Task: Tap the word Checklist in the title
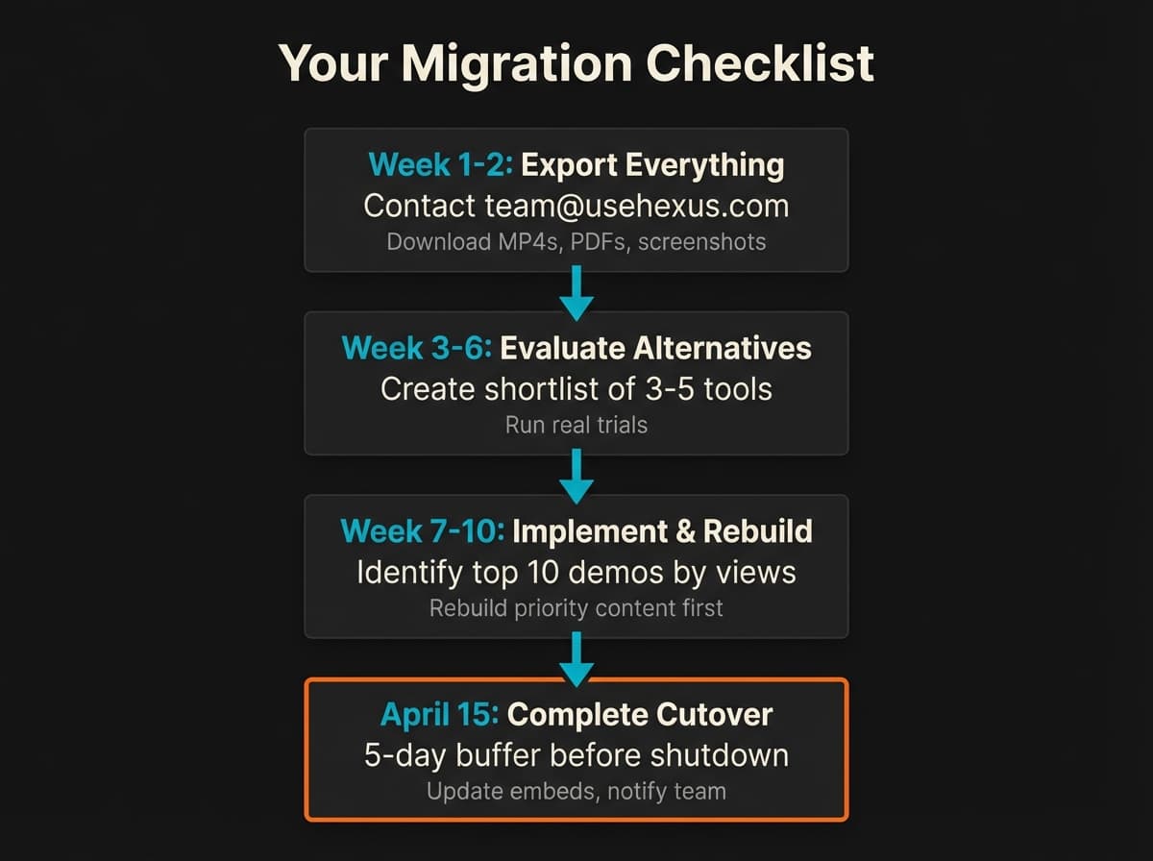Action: (759, 63)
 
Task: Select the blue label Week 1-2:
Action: (441, 165)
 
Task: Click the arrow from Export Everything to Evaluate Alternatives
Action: (576, 292)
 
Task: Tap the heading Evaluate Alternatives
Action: (656, 348)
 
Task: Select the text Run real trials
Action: (576, 424)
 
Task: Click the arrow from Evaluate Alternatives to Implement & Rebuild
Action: (576, 476)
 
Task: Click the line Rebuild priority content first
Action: (576, 607)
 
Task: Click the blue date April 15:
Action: (439, 715)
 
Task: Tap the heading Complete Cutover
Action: (640, 715)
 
